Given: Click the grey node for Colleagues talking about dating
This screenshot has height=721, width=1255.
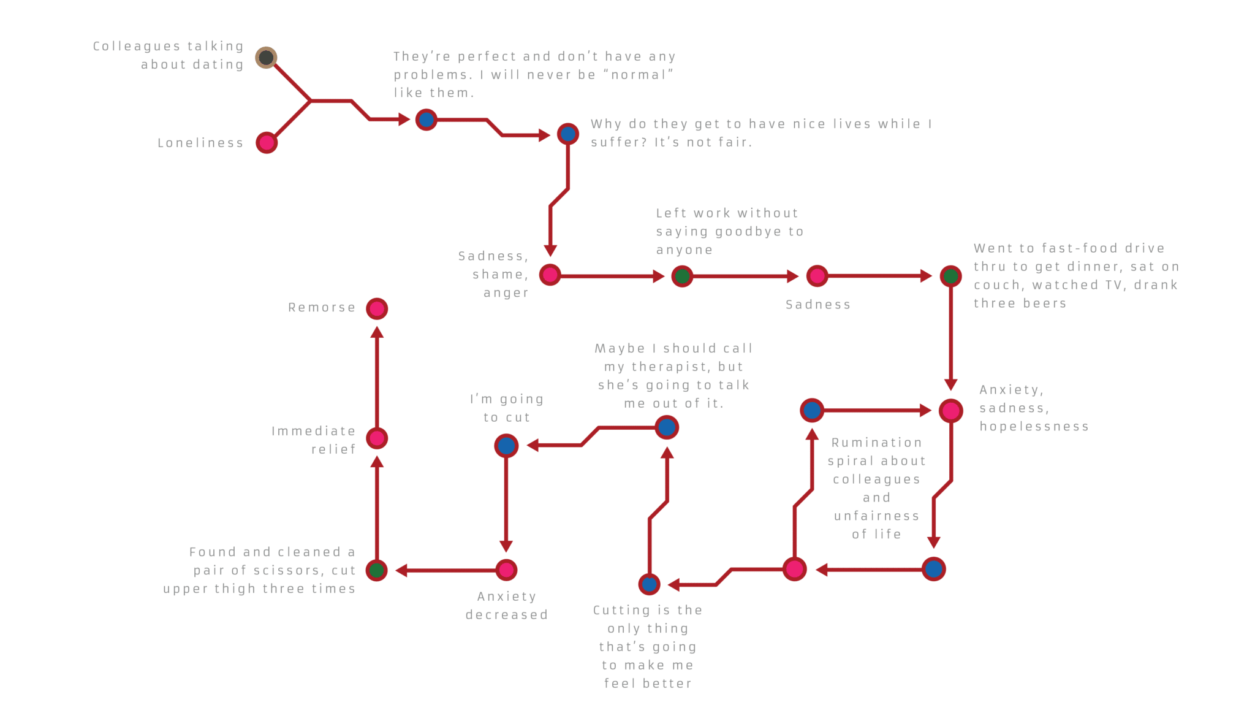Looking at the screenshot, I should (266, 58).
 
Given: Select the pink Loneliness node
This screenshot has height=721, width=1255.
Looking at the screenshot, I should (267, 143).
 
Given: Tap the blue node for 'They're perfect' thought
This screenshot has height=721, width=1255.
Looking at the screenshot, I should (427, 119).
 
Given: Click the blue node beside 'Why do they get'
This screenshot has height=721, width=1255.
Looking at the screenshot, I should (568, 134).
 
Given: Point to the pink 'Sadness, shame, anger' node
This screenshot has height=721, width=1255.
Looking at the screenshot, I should (550, 275).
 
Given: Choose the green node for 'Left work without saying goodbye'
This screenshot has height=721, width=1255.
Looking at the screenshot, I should (682, 277).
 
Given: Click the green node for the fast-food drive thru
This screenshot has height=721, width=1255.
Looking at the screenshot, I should (950, 276).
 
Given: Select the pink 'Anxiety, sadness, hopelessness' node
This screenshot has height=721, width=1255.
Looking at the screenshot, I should (951, 411).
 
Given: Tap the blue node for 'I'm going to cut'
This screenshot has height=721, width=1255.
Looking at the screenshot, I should (506, 446).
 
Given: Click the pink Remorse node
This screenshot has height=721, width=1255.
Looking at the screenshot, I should (377, 308).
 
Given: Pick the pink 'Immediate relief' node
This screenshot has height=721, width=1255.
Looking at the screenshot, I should (377, 438).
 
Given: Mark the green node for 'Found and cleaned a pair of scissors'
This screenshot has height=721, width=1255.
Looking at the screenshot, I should (377, 570).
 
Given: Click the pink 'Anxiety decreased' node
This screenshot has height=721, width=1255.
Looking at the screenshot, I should (506, 570).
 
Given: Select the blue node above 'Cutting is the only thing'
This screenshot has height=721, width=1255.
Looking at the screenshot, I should (649, 584).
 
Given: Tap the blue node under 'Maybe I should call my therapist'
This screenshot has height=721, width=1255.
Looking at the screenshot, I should (667, 427).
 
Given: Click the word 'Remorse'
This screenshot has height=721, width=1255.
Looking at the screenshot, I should (322, 308).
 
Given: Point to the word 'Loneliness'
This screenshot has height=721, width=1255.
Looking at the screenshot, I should (200, 143).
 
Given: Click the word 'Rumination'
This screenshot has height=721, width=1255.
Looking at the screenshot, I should (876, 443).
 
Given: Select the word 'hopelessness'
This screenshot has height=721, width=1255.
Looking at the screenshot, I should (1034, 427).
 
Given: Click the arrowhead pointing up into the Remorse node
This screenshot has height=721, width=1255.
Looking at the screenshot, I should (377, 333).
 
